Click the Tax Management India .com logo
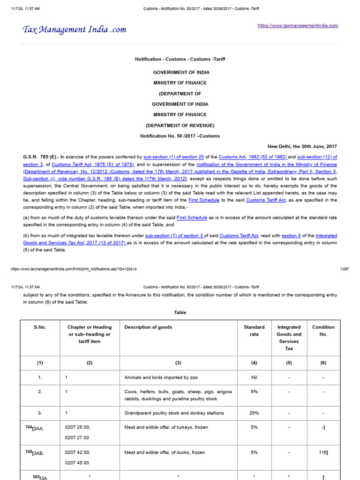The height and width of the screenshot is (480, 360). tap(75, 30)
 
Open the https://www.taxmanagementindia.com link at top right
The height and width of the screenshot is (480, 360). tap(298, 26)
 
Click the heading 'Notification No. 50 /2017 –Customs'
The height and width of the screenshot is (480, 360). tap(180, 136)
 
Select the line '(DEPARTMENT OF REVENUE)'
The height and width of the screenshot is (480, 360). tap(180, 125)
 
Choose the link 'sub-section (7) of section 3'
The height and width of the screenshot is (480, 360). tap(174, 235)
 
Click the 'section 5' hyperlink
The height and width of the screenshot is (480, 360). tap(291, 235)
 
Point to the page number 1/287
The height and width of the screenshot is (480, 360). tap(344, 269)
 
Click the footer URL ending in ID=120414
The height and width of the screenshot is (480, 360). tap(74, 269)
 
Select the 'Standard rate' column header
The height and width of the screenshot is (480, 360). tap(254, 330)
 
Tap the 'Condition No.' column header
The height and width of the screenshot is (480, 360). tap(323, 330)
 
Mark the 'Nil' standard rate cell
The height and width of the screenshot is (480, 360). tap(254, 377)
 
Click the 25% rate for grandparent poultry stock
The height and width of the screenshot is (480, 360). tap(254, 413)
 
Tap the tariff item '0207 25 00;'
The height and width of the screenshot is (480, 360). tap(77, 427)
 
